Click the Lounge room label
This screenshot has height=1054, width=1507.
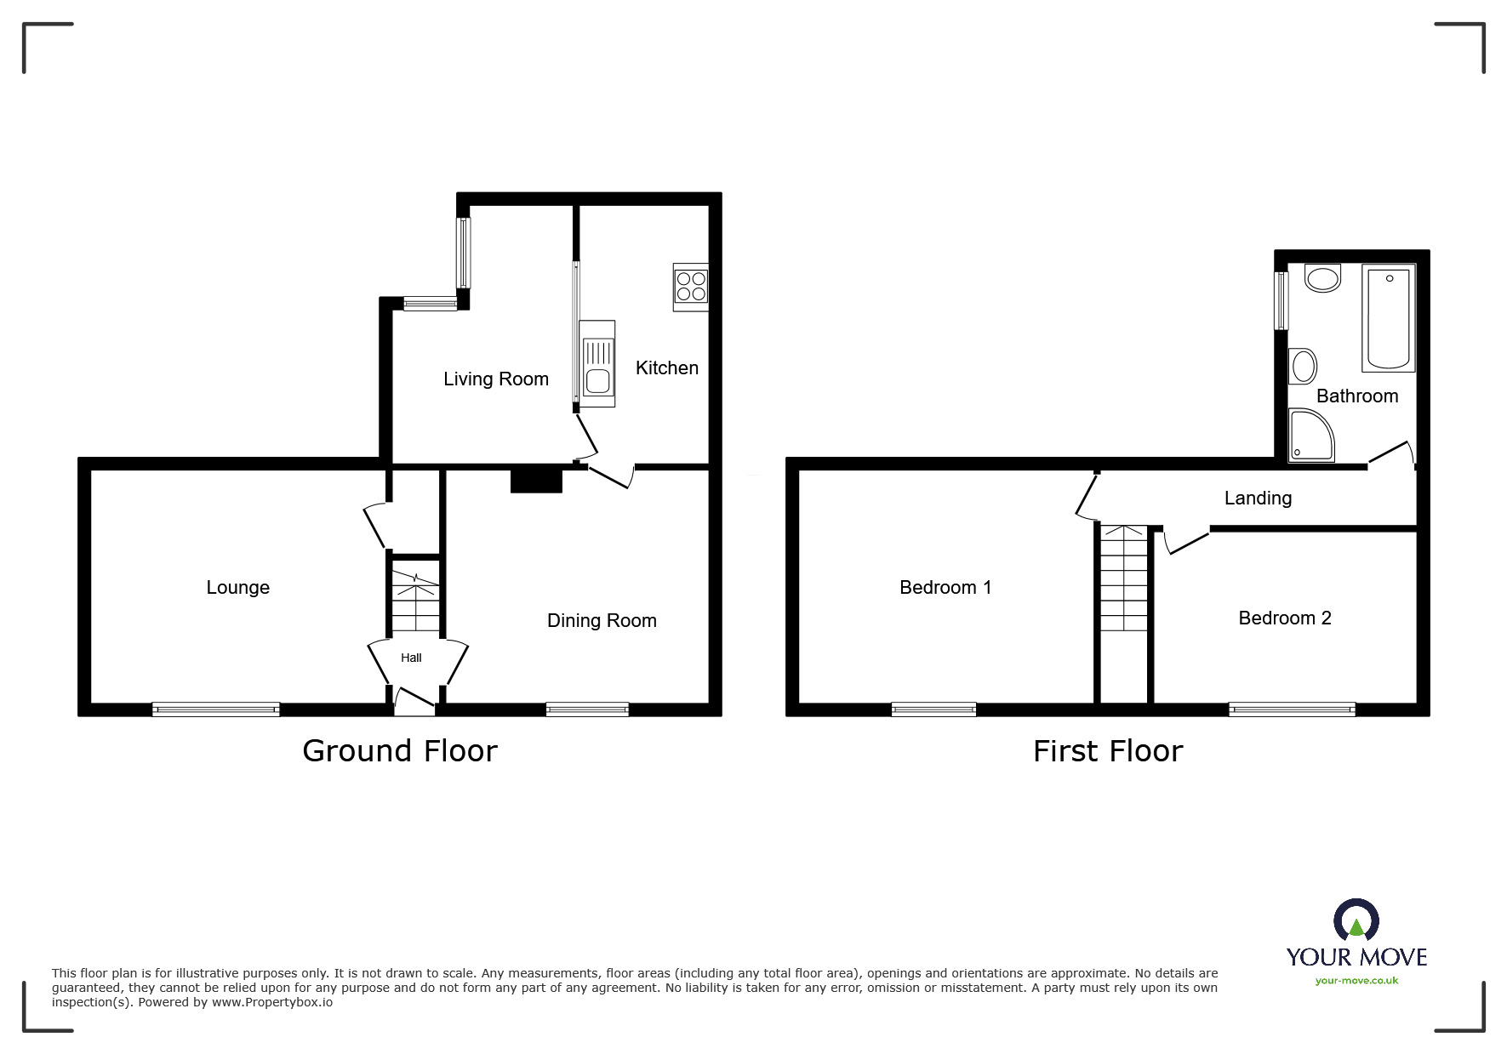click(237, 588)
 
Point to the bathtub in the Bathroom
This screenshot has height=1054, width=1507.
click(1388, 317)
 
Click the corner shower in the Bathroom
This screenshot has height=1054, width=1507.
click(1310, 436)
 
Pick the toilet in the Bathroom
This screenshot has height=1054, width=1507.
click(1322, 277)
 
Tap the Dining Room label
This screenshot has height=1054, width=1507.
click(602, 621)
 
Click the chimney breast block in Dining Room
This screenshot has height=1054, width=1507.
click(536, 480)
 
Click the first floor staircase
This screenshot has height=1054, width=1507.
click(1123, 578)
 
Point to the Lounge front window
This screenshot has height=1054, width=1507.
click(216, 709)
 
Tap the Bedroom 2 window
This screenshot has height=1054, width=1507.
click(1292, 709)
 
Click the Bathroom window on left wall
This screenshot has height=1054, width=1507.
click(1281, 300)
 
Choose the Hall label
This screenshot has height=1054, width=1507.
click(411, 658)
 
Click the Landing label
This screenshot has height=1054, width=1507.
click(1258, 499)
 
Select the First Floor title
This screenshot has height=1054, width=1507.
click(1107, 751)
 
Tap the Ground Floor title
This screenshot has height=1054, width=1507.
click(399, 751)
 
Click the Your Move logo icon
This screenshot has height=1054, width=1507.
click(1356, 921)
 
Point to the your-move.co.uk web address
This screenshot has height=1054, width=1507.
click(1356, 981)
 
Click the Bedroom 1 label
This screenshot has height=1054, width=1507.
click(945, 588)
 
